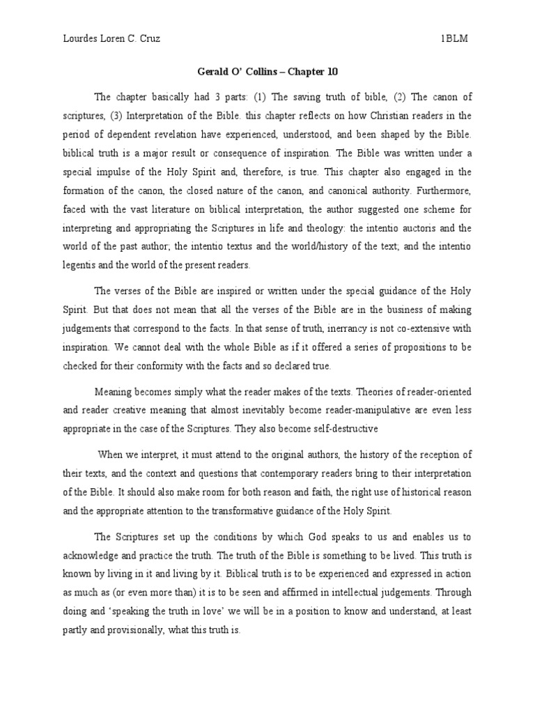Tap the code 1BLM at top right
click(x=453, y=39)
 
